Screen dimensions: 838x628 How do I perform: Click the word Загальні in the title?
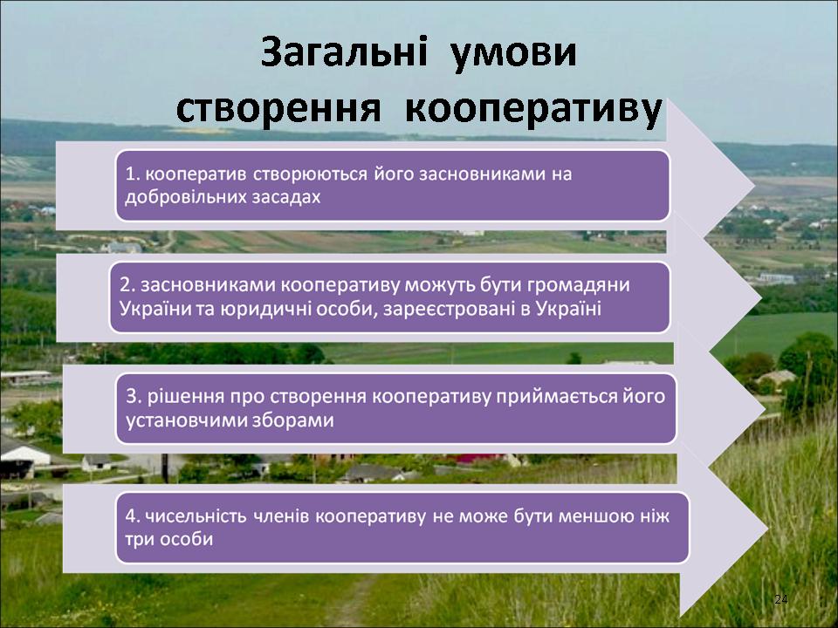pyautogui.click(x=345, y=53)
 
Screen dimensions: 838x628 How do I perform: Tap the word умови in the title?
pyautogui.click(x=513, y=54)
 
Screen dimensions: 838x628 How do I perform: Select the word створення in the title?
pyautogui.click(x=278, y=110)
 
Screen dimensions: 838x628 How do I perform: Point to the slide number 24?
pyautogui.click(x=780, y=599)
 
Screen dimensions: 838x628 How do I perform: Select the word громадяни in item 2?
pyautogui.click(x=578, y=285)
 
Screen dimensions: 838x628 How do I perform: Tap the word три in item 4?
pyautogui.click(x=140, y=539)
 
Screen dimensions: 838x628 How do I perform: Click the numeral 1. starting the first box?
pyautogui.click(x=133, y=174)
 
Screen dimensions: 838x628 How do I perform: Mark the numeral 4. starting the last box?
pyautogui.click(x=133, y=515)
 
